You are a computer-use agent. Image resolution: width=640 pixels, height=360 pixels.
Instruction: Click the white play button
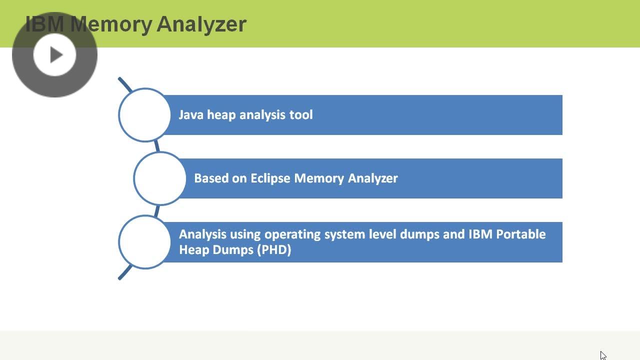click(x=54, y=54)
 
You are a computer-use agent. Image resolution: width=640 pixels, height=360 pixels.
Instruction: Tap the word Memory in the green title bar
click(x=112, y=24)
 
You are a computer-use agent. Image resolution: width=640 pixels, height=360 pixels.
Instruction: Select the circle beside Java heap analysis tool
click(x=144, y=115)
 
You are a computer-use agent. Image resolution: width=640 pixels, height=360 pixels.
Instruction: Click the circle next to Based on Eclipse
click(x=159, y=178)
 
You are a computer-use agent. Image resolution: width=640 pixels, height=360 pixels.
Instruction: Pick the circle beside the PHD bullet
click(x=144, y=242)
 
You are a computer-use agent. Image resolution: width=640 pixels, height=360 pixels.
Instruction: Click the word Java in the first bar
click(x=191, y=115)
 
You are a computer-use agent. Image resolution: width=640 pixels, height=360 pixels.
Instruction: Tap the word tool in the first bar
click(x=301, y=115)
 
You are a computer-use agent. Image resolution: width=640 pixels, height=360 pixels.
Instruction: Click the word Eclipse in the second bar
click(x=270, y=178)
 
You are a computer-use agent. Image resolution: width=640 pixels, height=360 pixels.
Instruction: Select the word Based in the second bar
click(x=211, y=178)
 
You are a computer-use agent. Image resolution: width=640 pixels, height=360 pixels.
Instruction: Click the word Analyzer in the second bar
click(x=372, y=178)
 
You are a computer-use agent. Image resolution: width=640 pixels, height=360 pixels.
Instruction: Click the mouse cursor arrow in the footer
click(x=602, y=355)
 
